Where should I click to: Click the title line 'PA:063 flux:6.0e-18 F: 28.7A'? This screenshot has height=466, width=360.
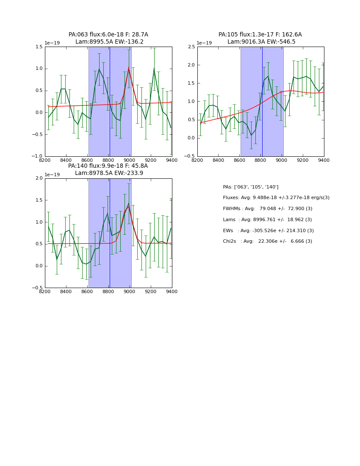click(108, 35)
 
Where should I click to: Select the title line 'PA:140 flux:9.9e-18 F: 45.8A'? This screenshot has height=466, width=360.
click(108, 166)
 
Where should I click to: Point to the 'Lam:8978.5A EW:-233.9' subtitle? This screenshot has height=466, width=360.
click(109, 173)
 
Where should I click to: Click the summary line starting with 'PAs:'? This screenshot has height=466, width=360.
click(250, 187)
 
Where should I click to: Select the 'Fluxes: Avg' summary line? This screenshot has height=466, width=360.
click(276, 198)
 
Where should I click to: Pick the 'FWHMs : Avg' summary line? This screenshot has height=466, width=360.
click(267, 208)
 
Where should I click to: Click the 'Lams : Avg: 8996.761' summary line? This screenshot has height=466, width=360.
click(267, 219)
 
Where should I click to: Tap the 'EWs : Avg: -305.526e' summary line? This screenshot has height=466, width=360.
click(268, 230)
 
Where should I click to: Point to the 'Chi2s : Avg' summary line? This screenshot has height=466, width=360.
click(267, 241)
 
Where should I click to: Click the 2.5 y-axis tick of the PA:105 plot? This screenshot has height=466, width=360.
click(191, 47)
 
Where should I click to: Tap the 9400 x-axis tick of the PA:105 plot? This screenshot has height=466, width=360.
click(324, 160)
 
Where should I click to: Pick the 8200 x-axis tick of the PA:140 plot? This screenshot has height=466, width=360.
click(45, 291)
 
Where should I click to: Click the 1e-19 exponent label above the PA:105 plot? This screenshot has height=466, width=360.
click(204, 43)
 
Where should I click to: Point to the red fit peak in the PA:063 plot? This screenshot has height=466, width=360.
click(129, 68)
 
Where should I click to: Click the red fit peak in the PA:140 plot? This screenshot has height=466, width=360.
click(129, 207)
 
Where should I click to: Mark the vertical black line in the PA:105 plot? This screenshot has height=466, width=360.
click(262, 102)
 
